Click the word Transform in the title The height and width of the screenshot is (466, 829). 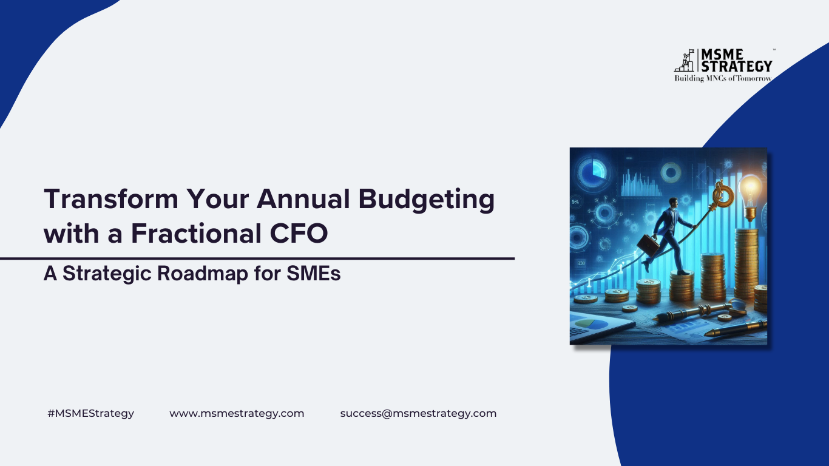pos(111,199)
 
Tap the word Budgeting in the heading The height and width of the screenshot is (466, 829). pos(427,200)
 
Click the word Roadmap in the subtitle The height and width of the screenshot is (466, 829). pos(203,274)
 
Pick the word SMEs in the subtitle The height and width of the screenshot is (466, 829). pos(314,274)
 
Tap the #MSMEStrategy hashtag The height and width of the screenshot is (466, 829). pos(90,413)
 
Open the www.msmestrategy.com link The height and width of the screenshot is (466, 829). pos(237,413)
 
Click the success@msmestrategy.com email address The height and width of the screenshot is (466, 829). pos(418,413)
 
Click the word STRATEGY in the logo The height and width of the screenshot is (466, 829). pos(737,66)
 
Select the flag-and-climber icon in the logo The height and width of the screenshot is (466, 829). pos(685,60)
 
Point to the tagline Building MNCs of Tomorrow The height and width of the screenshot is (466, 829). pos(723,78)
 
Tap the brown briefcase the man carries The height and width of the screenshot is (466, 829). pos(648,245)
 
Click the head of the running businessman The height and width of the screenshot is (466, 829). pos(674,203)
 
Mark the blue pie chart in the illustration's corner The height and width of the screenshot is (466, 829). pos(593,171)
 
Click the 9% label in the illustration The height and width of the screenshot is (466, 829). pos(575,202)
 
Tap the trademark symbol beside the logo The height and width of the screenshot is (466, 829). pos(774,49)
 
